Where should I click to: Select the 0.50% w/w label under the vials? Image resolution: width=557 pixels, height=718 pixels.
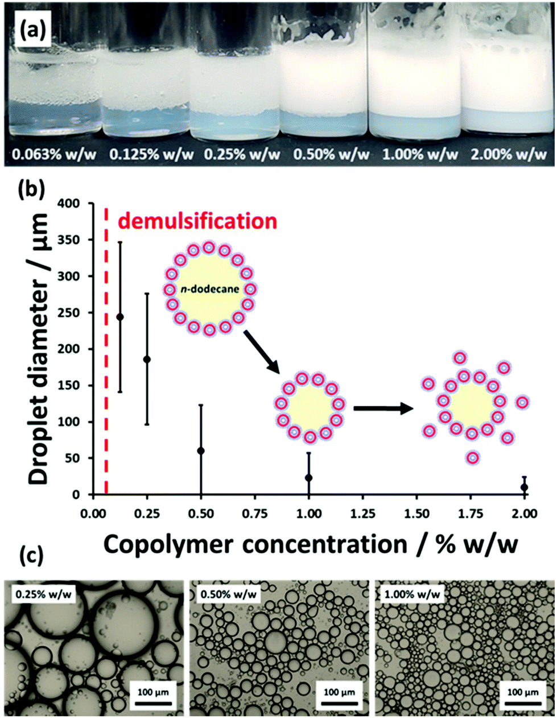(x=325, y=154)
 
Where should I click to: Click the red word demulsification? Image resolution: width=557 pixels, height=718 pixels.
(x=197, y=220)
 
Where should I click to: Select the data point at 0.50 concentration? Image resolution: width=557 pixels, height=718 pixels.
(x=201, y=451)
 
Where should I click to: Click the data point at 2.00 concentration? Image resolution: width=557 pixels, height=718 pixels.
(x=525, y=487)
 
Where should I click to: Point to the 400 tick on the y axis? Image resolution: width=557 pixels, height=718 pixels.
(x=75, y=203)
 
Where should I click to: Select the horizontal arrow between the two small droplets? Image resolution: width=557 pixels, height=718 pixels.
(x=383, y=408)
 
